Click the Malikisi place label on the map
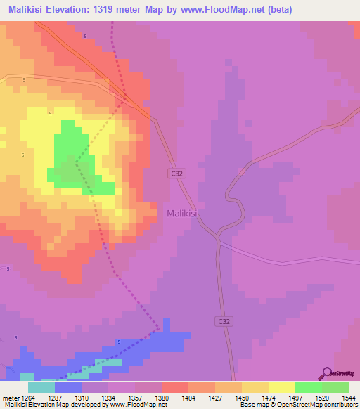click(x=185, y=212)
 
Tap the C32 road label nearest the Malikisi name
click(x=177, y=173)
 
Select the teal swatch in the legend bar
click(x=41, y=387)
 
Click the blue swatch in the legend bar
click(x=68, y=387)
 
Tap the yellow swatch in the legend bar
click(x=282, y=387)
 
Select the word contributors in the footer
click(x=340, y=405)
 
